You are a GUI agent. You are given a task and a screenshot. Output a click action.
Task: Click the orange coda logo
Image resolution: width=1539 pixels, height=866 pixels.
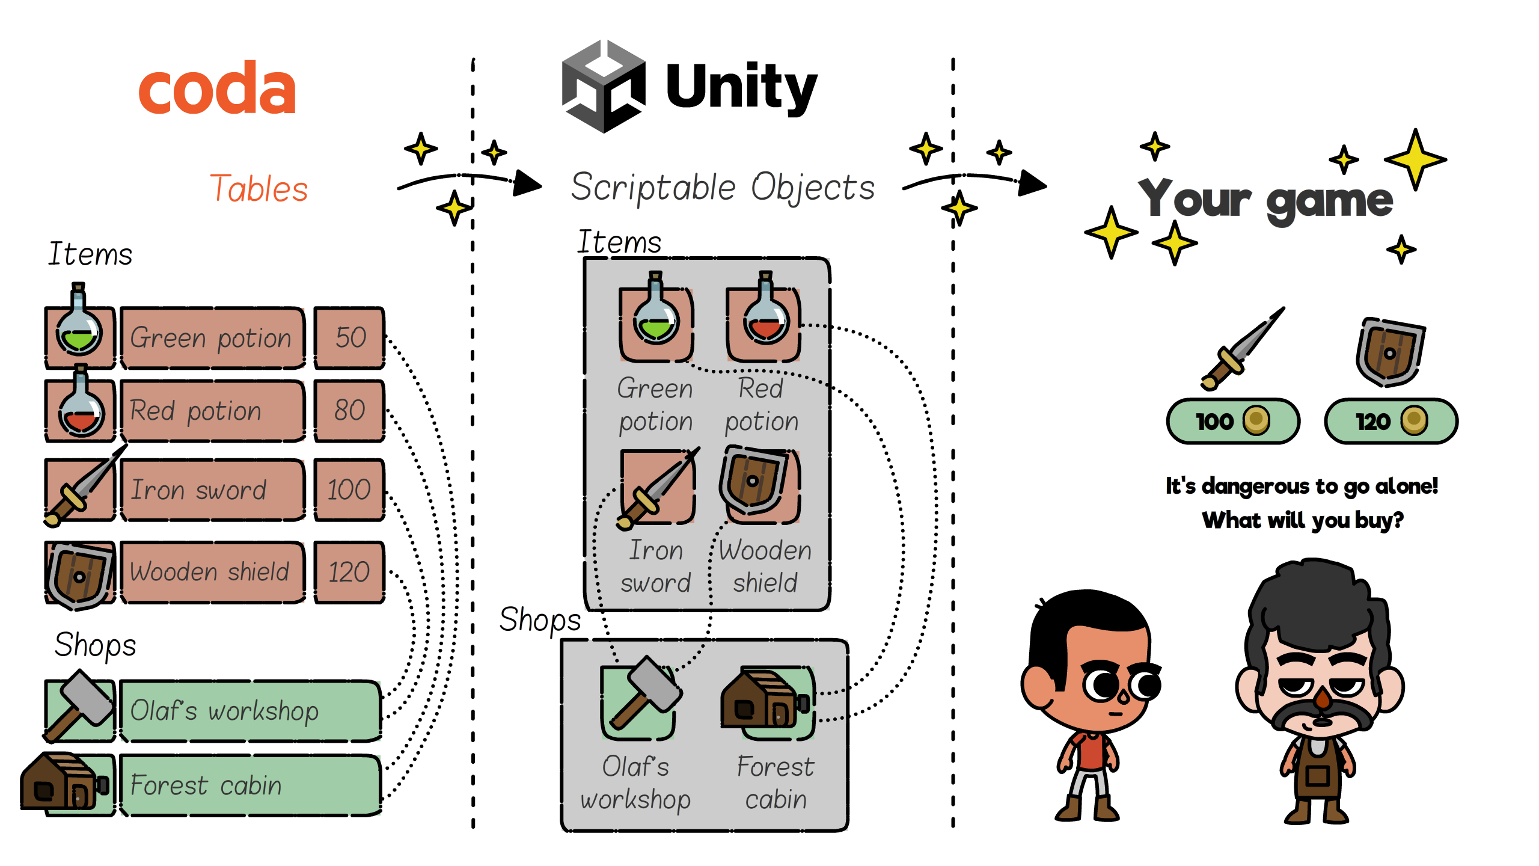click(217, 88)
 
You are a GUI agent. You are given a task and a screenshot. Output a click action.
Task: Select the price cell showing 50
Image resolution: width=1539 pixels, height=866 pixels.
click(350, 337)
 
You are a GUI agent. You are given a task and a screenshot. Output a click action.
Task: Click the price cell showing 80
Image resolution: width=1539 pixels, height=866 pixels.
click(350, 411)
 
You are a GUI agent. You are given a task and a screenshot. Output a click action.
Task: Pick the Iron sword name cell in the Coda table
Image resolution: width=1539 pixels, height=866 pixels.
click(212, 490)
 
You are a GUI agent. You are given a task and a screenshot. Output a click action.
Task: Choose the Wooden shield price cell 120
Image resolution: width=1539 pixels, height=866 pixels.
click(350, 572)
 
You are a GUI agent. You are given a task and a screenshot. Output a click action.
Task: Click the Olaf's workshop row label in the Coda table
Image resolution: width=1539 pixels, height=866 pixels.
click(249, 711)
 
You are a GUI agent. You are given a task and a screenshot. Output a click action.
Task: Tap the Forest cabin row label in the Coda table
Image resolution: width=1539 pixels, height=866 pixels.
click(249, 785)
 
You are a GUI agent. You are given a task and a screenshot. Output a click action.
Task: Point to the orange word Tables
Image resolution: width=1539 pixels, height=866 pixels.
click(259, 189)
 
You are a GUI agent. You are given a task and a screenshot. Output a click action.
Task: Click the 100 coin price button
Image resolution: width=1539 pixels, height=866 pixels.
click(1232, 421)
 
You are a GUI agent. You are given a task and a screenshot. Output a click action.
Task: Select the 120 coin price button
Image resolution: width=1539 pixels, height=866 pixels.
click(1391, 421)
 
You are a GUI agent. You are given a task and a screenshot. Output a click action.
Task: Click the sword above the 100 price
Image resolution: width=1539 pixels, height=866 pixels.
click(1241, 349)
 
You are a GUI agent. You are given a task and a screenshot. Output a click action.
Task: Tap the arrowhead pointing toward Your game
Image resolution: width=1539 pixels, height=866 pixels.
click(1032, 183)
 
